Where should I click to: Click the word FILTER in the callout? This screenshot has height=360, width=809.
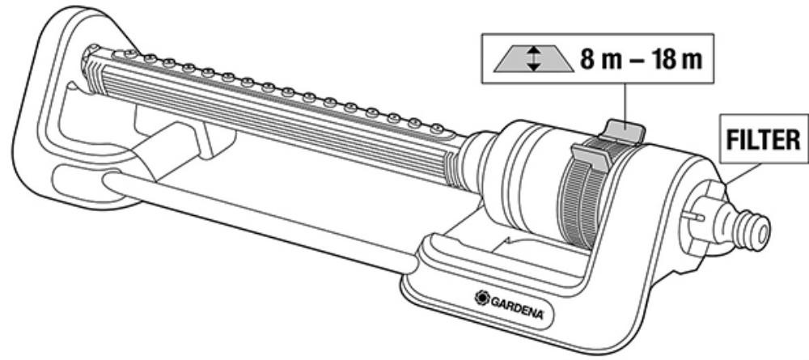point(763,139)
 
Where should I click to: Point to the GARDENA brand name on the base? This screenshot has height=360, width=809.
point(516,307)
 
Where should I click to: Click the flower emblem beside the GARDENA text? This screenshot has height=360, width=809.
point(482,298)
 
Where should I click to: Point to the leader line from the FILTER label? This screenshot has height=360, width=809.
point(742,174)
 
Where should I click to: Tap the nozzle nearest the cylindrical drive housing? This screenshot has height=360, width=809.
point(437,127)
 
